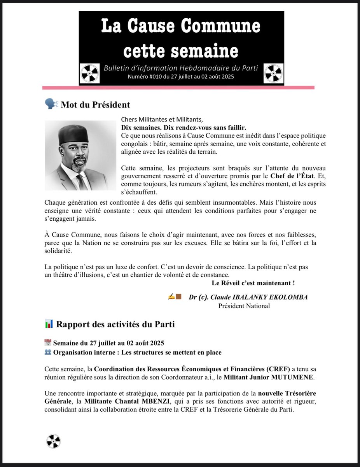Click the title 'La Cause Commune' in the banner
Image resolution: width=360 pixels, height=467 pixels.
pos(180,26)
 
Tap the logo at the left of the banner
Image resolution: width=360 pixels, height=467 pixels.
pos(90,73)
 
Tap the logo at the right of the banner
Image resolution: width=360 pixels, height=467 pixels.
pos(273,73)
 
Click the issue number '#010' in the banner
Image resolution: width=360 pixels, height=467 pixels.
pos(157,77)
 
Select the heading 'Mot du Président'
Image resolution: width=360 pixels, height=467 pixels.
pos(95,104)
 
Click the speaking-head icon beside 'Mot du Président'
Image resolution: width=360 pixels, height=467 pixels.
pos(51,104)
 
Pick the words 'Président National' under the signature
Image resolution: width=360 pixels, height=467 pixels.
pos(244,306)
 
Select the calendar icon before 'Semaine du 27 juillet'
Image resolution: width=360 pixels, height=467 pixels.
pos(48,343)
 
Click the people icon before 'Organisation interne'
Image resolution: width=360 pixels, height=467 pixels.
pos(48,352)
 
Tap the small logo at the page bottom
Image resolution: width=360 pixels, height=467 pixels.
pos(54,441)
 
